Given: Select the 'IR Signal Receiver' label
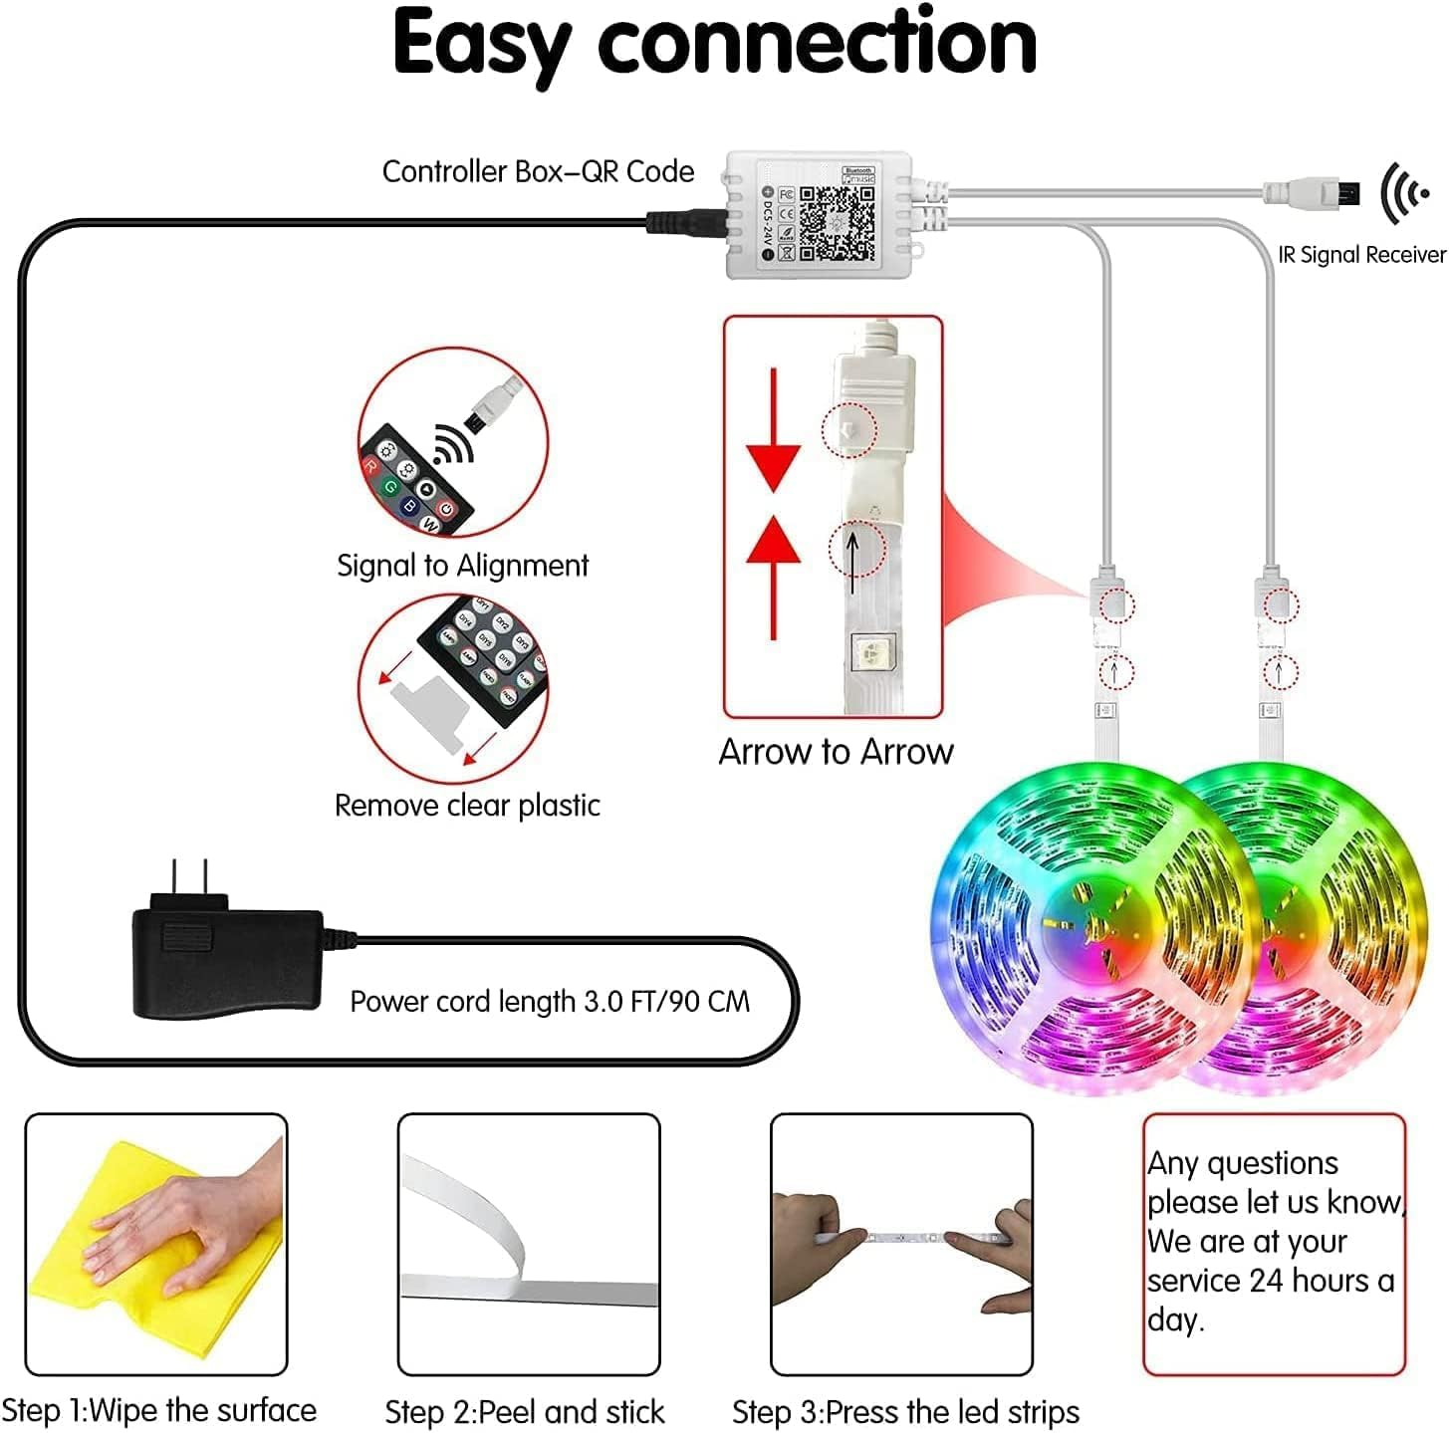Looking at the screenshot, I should (x=1361, y=255).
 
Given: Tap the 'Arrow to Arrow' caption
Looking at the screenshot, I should (x=836, y=752).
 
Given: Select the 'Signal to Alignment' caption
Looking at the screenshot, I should (x=462, y=566).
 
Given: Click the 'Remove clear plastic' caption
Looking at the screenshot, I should (x=467, y=805).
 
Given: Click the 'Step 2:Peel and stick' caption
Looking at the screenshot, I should (x=524, y=1411).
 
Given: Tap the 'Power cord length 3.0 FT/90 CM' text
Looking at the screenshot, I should (x=550, y=1001).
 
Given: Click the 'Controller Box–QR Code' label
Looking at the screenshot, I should (x=538, y=171).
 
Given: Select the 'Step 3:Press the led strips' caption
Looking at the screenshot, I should (x=905, y=1411).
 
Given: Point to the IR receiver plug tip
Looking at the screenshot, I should (x=1344, y=191).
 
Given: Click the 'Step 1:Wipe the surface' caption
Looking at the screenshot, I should (x=159, y=1410).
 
